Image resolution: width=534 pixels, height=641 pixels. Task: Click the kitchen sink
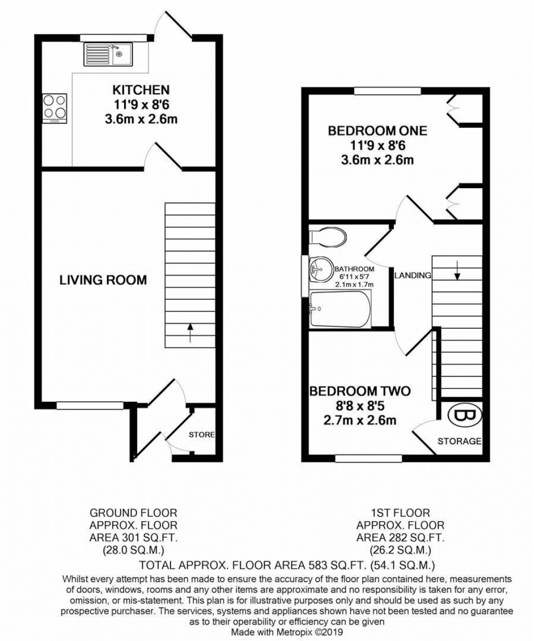pyautogui.click(x=108, y=54)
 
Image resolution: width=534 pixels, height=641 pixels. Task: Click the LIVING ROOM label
pyautogui.click(x=103, y=280)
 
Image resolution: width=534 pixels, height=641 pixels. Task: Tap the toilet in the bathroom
pyautogui.click(x=327, y=237)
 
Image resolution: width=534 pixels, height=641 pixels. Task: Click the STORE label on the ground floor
pyautogui.click(x=202, y=434)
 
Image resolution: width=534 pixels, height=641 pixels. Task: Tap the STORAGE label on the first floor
pyautogui.click(x=459, y=441)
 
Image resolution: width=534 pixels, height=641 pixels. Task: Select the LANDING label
pyautogui.click(x=412, y=275)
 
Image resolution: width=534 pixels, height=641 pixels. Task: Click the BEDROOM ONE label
pyautogui.click(x=377, y=130)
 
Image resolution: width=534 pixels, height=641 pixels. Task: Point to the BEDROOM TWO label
pyautogui.click(x=360, y=391)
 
